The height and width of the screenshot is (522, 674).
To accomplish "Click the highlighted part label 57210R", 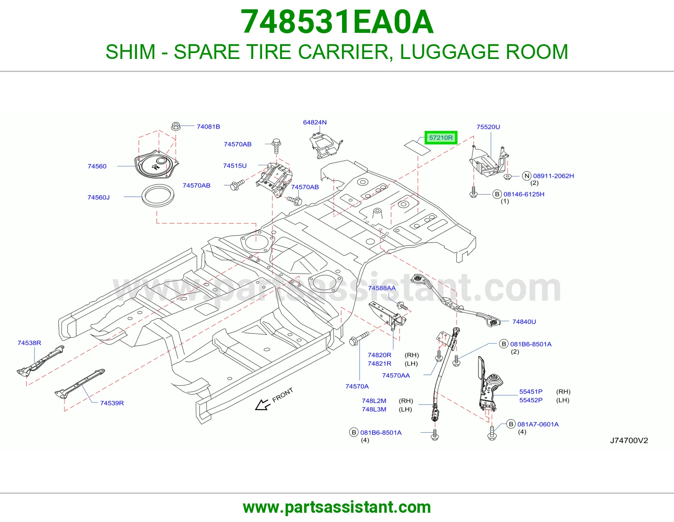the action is (x=441, y=138).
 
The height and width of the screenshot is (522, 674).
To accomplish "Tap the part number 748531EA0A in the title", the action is (x=337, y=22).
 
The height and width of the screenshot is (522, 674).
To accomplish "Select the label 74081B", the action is (x=208, y=126).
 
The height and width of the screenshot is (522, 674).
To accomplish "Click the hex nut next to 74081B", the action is (x=176, y=126).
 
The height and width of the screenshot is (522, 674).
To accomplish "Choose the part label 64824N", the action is (x=315, y=122).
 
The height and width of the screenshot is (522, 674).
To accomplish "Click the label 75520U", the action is (x=488, y=127).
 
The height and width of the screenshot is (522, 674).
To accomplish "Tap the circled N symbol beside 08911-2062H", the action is (x=527, y=176).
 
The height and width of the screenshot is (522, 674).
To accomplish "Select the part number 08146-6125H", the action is (x=524, y=194).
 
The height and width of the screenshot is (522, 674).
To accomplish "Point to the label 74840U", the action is (x=524, y=322).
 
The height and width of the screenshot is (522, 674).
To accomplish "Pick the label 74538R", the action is (x=29, y=343).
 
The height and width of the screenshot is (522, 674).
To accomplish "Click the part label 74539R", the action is (x=112, y=403).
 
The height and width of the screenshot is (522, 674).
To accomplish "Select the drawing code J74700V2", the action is (x=629, y=440).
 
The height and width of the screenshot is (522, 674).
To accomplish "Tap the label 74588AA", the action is (x=382, y=288).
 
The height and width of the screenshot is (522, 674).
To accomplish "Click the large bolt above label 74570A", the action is (x=359, y=338).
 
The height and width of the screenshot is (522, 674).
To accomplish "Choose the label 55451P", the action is (x=531, y=391).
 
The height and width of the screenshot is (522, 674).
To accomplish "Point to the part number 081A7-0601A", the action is (x=538, y=424).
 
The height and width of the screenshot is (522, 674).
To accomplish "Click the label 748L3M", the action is (x=374, y=409).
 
